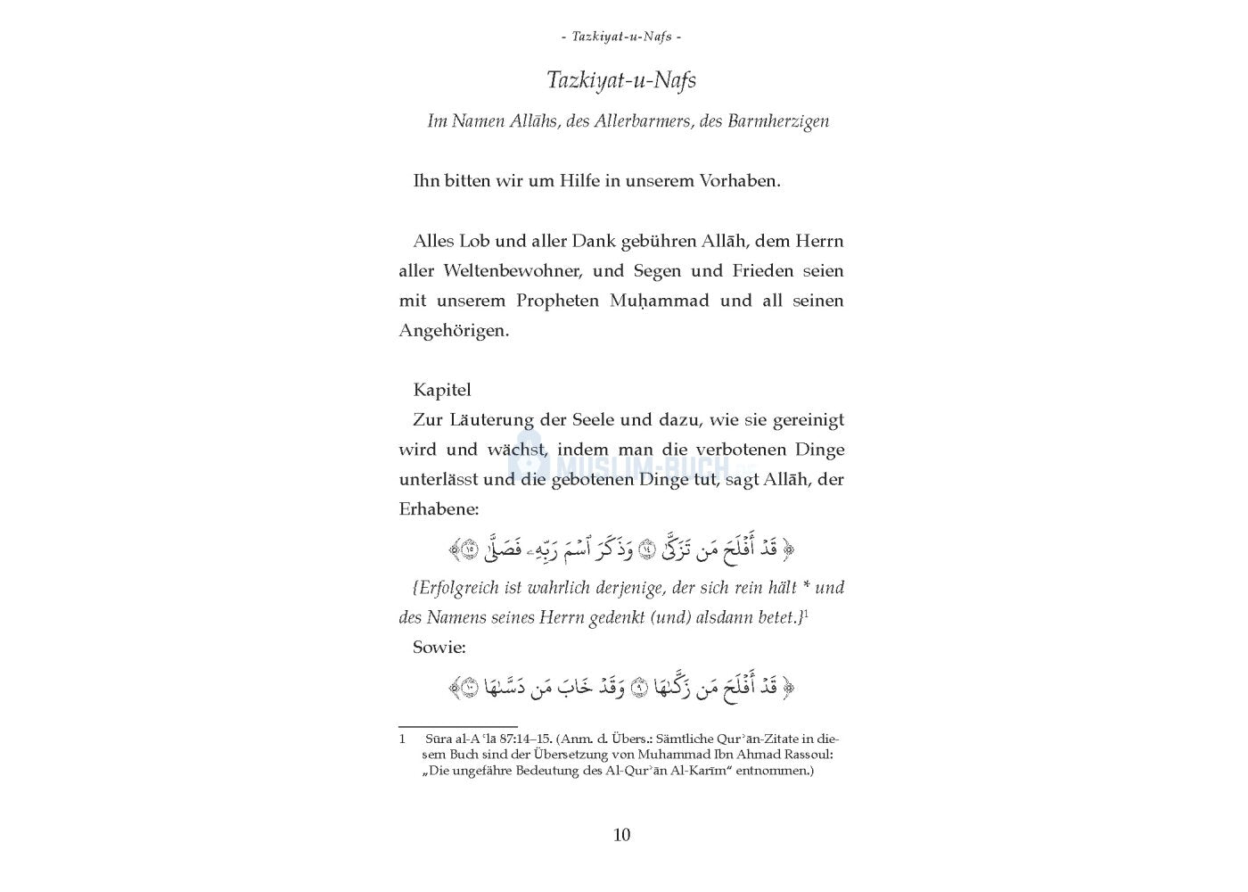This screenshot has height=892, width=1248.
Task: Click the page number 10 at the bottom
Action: pos(622,835)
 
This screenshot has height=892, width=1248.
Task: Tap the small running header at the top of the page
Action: pos(622,37)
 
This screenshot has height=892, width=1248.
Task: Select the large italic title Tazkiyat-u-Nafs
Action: pos(621,80)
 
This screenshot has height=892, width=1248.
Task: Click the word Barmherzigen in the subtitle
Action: pos(778,121)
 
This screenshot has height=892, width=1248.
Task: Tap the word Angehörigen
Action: pos(454,331)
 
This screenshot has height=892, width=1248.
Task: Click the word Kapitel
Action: pos(442,390)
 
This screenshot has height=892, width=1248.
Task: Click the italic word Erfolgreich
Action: pos(459,589)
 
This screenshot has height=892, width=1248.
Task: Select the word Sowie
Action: pos(439,648)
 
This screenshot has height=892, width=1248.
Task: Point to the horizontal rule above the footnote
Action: pos(458,727)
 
